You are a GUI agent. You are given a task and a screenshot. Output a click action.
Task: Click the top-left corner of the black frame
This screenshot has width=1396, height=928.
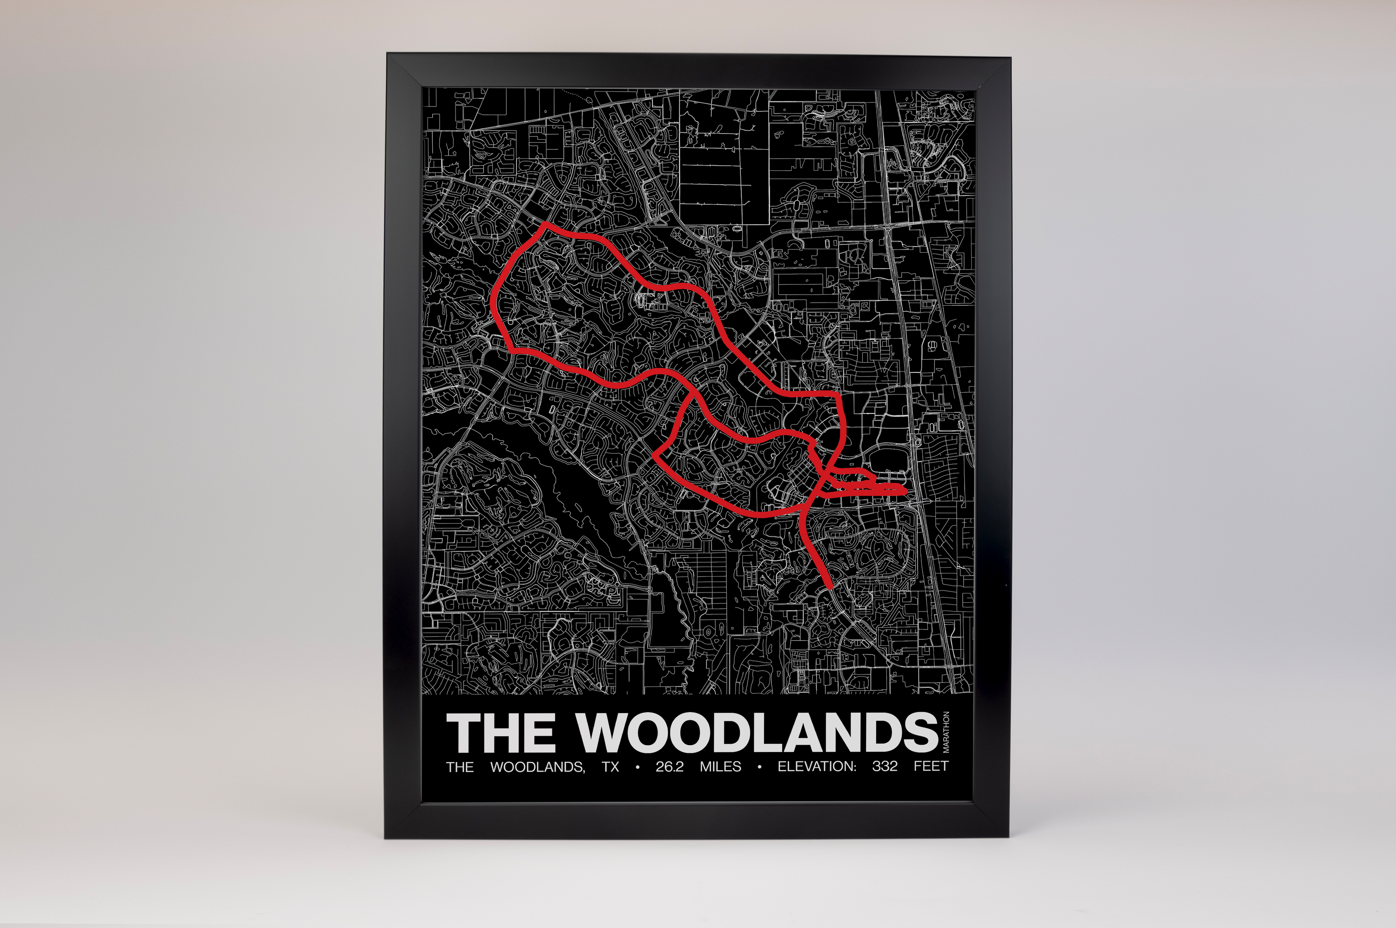388,54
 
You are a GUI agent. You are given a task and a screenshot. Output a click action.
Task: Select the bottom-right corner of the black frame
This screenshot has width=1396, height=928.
1009,838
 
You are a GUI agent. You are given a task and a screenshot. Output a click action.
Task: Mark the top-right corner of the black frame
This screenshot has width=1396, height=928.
1009,57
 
